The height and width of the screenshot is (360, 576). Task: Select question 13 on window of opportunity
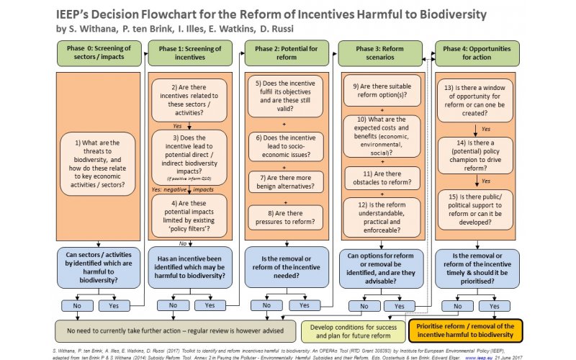tap(477, 101)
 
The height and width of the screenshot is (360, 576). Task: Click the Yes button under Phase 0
tap(113, 305)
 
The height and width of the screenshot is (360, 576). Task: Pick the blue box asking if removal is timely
tap(477, 268)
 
